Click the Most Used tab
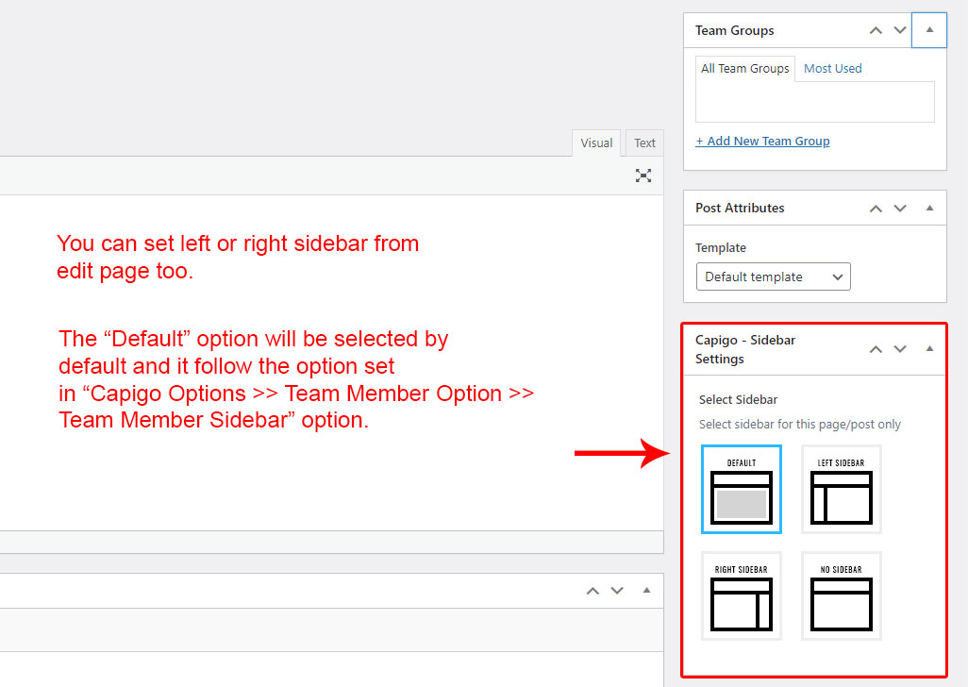pyautogui.click(x=832, y=69)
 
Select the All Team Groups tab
pyautogui.click(x=745, y=69)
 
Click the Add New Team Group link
pyautogui.click(x=762, y=142)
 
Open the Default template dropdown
pyautogui.click(x=773, y=276)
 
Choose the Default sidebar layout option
pyautogui.click(x=742, y=489)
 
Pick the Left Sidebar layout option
pyautogui.click(x=841, y=489)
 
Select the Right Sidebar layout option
pyautogui.click(x=742, y=595)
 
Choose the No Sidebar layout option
pyautogui.click(x=841, y=595)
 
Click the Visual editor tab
pyautogui.click(x=596, y=142)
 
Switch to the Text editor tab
pyautogui.click(x=644, y=142)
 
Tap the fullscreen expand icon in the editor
pyautogui.click(x=643, y=176)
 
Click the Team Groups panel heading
pyautogui.click(x=735, y=30)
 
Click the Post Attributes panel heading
pyautogui.click(x=740, y=208)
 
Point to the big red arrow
pyautogui.click(x=623, y=453)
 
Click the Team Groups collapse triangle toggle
pyautogui.click(x=929, y=29)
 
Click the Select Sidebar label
pyautogui.click(x=738, y=399)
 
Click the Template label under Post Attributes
pyautogui.click(x=721, y=247)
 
